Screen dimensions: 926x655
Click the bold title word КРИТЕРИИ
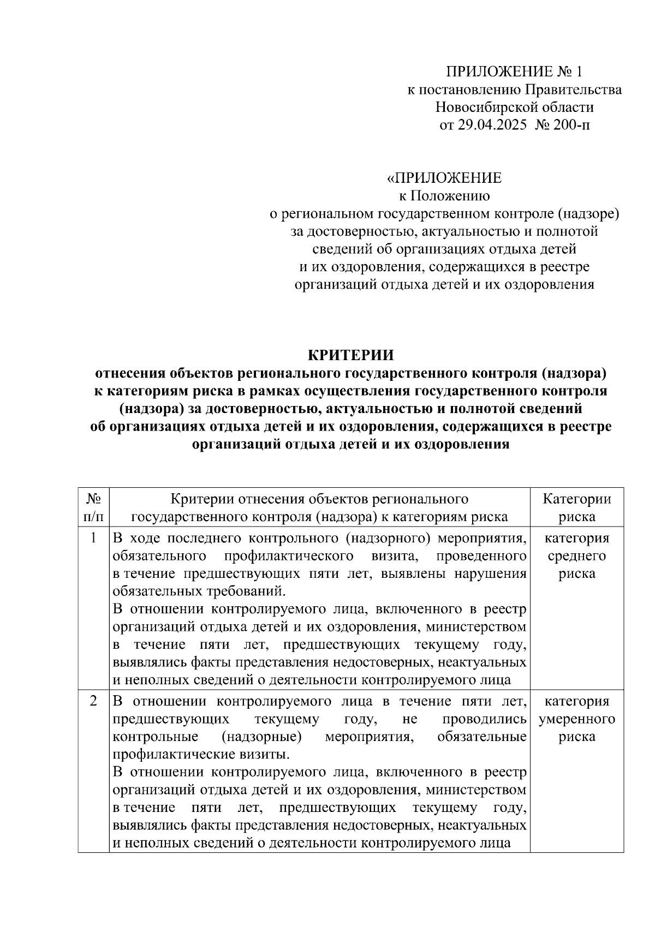point(351,355)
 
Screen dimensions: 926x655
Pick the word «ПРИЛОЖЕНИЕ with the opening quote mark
point(444,178)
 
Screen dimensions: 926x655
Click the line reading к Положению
point(444,195)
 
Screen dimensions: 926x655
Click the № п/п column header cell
point(93,507)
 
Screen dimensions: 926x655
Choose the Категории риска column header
point(577,507)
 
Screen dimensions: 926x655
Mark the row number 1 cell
point(93,538)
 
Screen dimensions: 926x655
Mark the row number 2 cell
point(93,701)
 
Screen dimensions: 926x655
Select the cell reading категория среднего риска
point(577,555)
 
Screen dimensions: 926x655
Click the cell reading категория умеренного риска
point(577,719)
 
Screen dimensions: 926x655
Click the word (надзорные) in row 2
point(261,737)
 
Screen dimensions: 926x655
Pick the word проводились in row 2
point(485,719)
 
